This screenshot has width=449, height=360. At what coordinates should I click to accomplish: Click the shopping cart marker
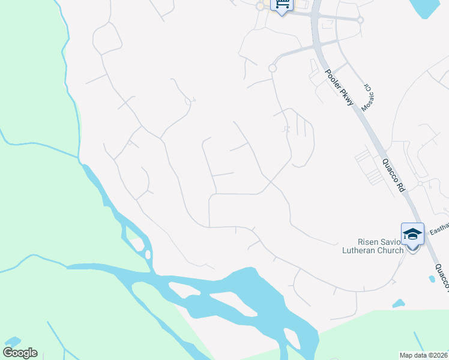[281, 5]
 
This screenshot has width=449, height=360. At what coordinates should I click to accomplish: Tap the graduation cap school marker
[412, 234]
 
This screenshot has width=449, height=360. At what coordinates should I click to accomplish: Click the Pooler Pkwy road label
[340, 90]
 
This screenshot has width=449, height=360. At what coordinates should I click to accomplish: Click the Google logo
[20, 353]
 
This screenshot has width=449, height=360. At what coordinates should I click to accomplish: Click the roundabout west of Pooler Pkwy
[272, 68]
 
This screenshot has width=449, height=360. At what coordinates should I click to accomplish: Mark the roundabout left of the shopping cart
[260, 7]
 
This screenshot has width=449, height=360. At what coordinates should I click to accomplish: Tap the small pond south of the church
[398, 304]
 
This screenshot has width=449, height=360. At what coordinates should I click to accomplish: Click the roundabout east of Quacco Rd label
[421, 184]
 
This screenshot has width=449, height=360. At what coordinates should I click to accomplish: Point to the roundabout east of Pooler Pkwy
[360, 20]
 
